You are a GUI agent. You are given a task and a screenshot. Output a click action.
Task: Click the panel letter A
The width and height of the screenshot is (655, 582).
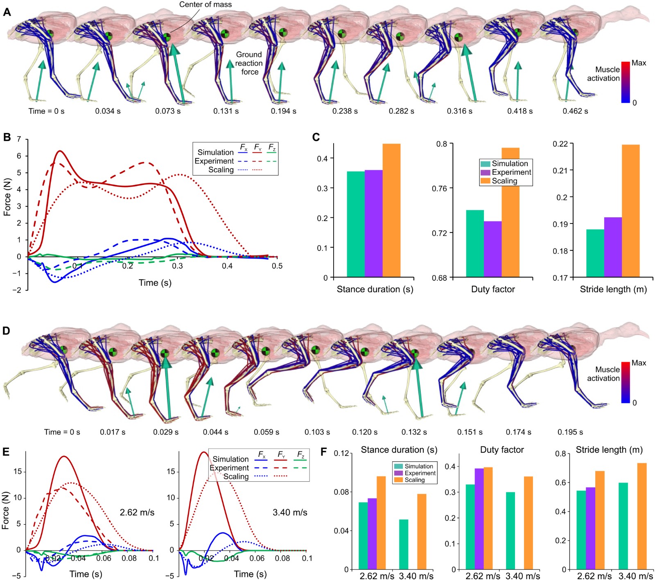click(7, 12)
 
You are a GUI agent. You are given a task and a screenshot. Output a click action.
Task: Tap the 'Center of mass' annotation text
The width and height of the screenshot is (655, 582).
click(206, 5)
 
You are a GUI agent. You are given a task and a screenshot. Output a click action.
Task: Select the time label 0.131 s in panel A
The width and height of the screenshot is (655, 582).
click(226, 111)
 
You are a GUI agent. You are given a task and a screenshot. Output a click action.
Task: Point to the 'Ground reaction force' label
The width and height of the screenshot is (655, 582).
click(249, 63)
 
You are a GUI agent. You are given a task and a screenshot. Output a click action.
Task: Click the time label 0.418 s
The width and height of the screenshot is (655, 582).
click(520, 111)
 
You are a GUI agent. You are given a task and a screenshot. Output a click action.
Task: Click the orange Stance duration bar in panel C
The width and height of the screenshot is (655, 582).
click(391, 210)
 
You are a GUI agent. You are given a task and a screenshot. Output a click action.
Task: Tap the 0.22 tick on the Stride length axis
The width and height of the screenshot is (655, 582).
click(560, 144)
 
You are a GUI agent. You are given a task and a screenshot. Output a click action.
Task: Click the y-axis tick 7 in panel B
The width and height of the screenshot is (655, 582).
click(19, 139)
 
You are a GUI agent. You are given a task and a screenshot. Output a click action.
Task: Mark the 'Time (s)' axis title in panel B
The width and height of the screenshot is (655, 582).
click(155, 283)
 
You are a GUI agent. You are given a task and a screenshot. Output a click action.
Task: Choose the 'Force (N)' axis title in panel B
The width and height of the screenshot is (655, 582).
click(7, 198)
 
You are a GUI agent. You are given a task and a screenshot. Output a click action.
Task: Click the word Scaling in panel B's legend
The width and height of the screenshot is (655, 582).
click(221, 170)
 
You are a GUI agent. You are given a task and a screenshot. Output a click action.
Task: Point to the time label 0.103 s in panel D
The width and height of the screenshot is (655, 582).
click(317, 432)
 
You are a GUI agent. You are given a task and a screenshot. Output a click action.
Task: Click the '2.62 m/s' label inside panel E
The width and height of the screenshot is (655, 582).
click(137, 512)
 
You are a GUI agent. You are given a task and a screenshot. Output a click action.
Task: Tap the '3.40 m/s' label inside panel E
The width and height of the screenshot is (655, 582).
click(290, 512)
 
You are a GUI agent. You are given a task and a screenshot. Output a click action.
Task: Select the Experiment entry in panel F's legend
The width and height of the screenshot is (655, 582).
click(420, 473)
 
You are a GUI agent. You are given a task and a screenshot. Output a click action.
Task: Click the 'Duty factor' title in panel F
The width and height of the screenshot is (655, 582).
click(502, 450)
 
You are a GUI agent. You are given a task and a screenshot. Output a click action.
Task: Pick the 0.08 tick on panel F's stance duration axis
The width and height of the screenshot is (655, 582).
click(342, 492)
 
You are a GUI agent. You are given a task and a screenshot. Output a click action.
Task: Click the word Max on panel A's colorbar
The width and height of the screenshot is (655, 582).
click(639, 63)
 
